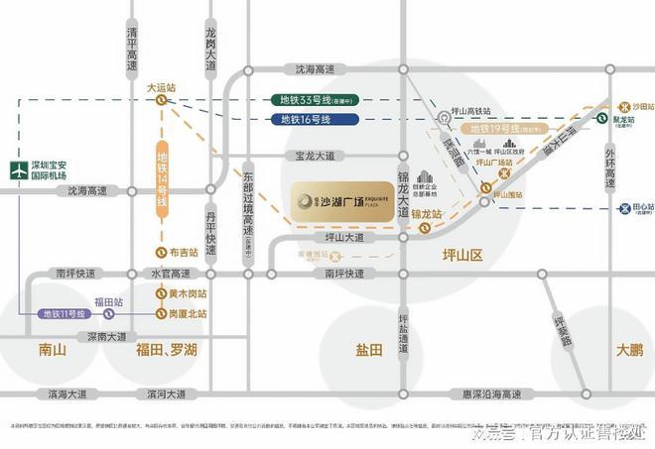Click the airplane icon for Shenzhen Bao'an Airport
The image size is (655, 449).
pyautogui.click(x=19, y=169)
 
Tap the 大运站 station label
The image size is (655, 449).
pyautogui.click(x=160, y=88)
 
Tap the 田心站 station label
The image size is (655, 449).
pyautogui.click(x=643, y=208)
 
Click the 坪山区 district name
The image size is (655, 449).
pyautogui.click(x=461, y=256)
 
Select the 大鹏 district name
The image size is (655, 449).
pyautogui.click(x=628, y=349)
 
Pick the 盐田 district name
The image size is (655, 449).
pyautogui.click(x=369, y=350)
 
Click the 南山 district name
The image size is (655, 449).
pyautogui.click(x=52, y=349)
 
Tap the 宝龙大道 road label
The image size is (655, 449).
pyautogui.click(x=314, y=156)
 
